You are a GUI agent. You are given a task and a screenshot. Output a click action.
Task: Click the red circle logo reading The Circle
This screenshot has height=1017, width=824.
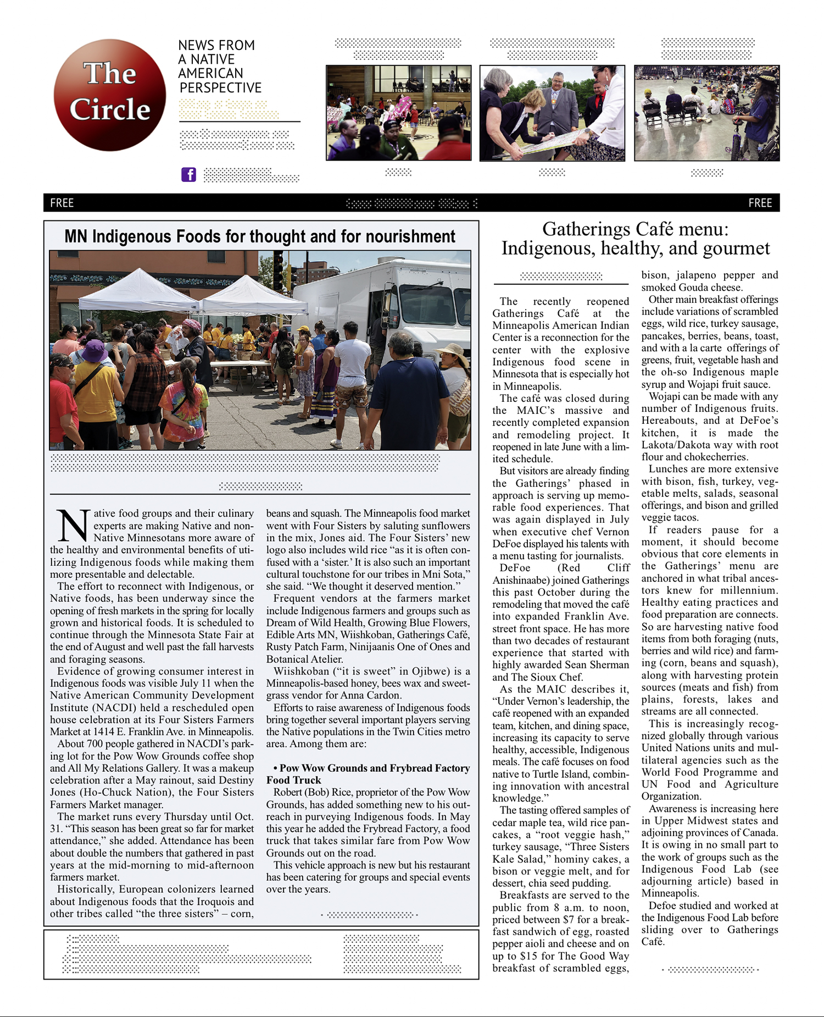coord(110,95)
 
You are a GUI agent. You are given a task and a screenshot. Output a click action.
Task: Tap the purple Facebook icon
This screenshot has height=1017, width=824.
coord(188,175)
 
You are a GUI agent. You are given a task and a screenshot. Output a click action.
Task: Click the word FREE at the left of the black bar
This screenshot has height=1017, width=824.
coord(62,203)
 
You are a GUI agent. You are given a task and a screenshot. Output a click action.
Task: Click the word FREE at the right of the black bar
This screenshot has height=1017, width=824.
coord(760,203)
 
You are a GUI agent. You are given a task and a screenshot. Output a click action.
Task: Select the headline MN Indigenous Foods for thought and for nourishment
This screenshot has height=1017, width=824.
coord(260,236)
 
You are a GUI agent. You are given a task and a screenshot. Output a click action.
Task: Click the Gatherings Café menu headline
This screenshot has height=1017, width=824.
coord(635,239)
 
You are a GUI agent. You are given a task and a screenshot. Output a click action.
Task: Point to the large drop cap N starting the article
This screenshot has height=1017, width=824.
coord(71,526)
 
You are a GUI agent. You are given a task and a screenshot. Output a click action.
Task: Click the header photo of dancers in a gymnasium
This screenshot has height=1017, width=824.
coord(398,113)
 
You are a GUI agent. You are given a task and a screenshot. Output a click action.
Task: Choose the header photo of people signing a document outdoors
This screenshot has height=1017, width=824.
coord(552,113)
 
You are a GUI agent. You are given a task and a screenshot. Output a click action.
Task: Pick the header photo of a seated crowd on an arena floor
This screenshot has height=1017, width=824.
coord(706,113)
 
